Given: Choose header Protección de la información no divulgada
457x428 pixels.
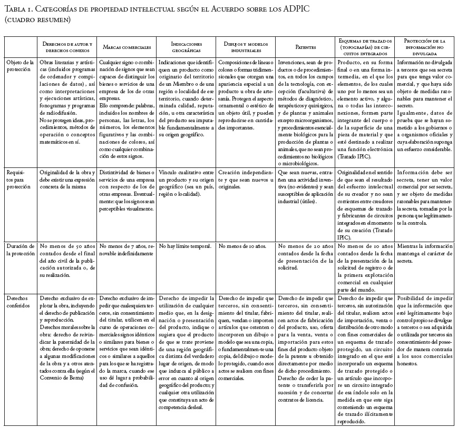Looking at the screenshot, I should (424, 47).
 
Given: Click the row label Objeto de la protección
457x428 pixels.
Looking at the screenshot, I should (20, 65).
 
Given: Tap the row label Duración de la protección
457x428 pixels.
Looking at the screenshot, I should (20, 250).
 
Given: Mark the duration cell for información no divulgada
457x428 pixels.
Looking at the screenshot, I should (424, 250).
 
